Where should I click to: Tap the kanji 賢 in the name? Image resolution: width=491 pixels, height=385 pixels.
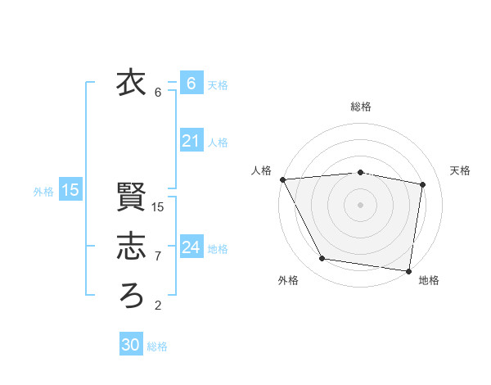pos(132,197)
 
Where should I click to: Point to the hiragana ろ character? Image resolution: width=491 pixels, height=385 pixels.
pos(132,294)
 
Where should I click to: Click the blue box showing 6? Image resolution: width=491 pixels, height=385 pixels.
pos(191,84)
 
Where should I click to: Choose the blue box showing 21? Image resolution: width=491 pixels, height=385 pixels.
pos(191,142)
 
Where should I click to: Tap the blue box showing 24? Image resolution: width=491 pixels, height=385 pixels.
pos(191,247)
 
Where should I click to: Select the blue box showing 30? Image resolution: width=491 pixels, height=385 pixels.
pos(131,345)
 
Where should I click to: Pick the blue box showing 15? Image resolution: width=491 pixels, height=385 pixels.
pos(70,191)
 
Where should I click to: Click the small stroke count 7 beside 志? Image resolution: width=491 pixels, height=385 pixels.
pos(158,256)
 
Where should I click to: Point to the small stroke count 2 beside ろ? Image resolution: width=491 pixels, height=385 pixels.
pos(158,306)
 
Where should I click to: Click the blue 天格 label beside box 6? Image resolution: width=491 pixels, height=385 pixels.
pos(218,84)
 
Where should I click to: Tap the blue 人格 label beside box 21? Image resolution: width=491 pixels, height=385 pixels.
pos(218,143)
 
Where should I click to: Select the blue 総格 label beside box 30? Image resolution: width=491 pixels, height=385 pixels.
pos(157,346)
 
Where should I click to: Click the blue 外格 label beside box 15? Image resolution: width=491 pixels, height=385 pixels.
pos(43,192)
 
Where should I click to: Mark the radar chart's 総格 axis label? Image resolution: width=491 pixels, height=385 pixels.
pos(360,106)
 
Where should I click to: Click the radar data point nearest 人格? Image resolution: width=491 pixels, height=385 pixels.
pos(282,179)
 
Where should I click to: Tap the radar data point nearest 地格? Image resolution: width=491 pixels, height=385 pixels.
pos(408,270)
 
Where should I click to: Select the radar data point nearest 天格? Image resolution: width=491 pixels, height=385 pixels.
pos(423,184)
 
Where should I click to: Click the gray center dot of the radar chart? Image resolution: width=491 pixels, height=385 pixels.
pos(360,204)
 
